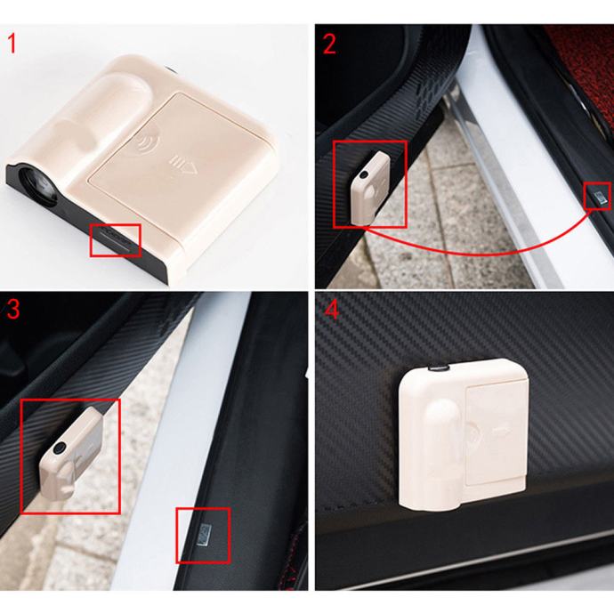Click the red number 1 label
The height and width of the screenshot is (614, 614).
(x=12, y=44)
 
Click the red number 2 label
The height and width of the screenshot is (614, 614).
(x=329, y=44)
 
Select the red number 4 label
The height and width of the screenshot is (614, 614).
(x=332, y=311)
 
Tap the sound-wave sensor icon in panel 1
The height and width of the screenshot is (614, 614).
(x=148, y=141)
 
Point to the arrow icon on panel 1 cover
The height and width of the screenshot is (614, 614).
(x=182, y=166)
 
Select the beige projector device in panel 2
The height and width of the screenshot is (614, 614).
(x=369, y=189)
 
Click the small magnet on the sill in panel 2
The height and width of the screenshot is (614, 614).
(x=598, y=196)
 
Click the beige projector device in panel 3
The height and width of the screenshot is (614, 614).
(x=70, y=454)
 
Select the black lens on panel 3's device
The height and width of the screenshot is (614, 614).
(x=60, y=448)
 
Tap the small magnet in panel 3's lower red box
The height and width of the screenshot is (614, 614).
(x=204, y=535)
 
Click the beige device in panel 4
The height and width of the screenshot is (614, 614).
(x=463, y=433)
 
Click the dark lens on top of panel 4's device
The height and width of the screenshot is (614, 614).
(x=438, y=368)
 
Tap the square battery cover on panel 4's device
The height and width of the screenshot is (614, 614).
(x=496, y=434)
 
